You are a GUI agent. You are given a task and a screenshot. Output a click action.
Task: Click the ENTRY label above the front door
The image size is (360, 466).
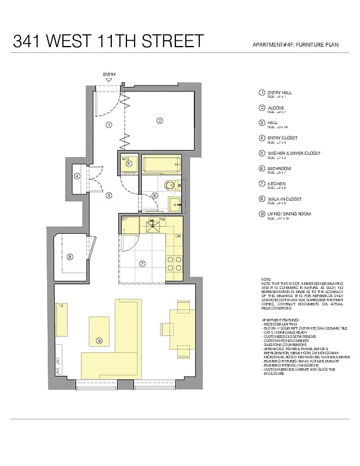109,75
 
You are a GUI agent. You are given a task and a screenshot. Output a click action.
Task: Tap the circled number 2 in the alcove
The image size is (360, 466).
158,121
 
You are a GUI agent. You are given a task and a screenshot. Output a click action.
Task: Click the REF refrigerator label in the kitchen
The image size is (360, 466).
125,219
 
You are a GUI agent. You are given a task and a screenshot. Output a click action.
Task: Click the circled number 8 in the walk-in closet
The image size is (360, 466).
69,256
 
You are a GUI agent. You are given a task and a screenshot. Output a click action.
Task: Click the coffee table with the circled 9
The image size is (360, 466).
100,333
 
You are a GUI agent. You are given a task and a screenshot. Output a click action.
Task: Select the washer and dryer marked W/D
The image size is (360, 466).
129,163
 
